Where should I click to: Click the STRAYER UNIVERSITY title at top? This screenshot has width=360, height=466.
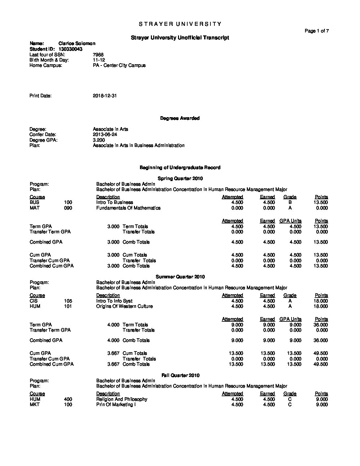[180, 24]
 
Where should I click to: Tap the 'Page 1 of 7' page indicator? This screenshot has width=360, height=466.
[317, 31]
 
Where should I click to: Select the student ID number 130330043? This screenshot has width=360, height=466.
[70, 49]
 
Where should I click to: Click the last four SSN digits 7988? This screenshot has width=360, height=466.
[98, 55]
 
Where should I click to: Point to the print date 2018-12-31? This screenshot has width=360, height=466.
[105, 96]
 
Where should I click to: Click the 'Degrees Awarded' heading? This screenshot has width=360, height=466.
[180, 118]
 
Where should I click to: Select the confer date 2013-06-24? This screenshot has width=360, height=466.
[105, 135]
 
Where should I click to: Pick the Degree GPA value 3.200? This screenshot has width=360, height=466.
[99, 140]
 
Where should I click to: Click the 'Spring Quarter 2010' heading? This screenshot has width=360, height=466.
[180, 178]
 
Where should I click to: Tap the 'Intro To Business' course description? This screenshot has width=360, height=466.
[114, 202]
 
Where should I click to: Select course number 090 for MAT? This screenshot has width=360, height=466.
[68, 208]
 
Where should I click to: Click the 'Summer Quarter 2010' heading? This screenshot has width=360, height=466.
[180, 277]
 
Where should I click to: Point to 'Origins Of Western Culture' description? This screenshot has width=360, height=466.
[124, 306]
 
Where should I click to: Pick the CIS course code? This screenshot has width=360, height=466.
[34, 301]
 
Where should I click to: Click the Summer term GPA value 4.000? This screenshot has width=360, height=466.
[113, 325]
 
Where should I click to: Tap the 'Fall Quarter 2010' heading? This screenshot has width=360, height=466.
[180, 375]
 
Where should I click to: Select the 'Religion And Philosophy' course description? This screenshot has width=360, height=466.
[121, 399]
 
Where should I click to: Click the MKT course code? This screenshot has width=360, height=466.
[34, 404]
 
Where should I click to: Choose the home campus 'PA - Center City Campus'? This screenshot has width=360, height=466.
[119, 65]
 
